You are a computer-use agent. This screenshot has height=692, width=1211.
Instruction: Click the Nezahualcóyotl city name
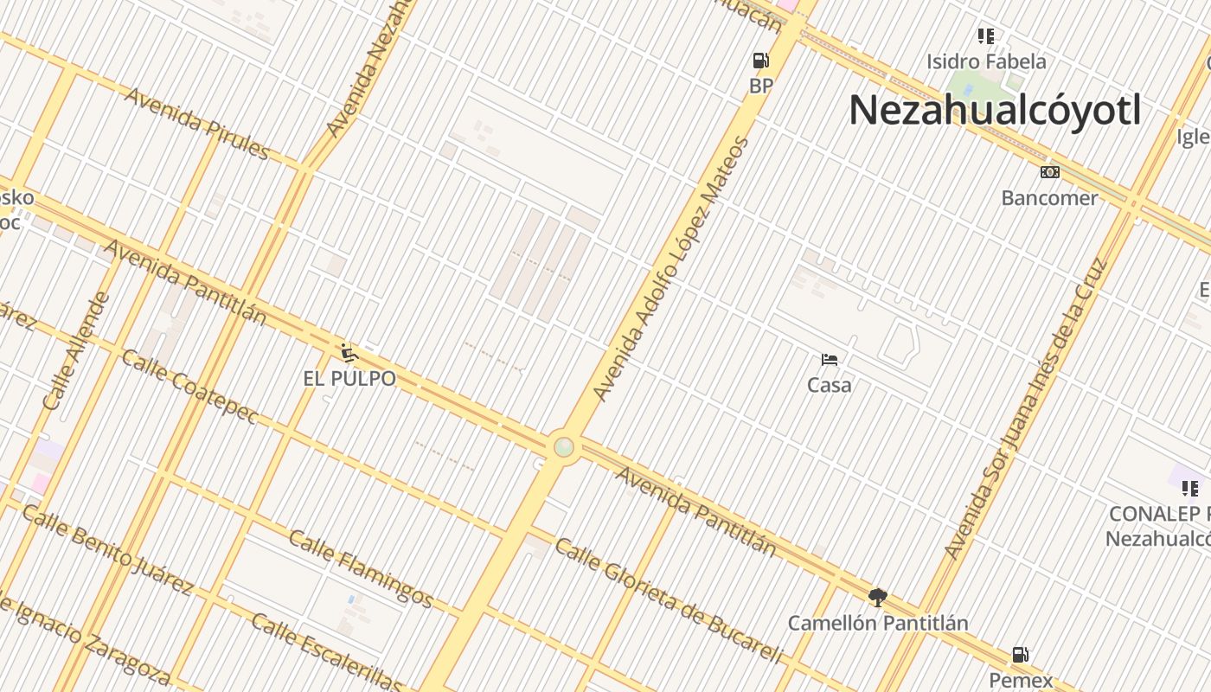[x=995, y=111]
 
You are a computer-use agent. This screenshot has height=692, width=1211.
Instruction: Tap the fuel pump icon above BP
[x=760, y=61]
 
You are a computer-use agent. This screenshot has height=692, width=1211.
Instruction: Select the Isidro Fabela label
[x=986, y=61]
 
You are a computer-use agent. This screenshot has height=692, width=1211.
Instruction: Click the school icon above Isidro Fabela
[x=986, y=36]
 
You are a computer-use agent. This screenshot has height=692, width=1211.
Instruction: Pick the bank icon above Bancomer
[x=1049, y=172]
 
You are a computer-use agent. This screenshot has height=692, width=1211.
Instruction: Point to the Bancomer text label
[x=1049, y=198]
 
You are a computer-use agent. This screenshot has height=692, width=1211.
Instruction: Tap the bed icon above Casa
[x=830, y=360]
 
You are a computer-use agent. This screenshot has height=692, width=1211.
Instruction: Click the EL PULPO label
[x=349, y=379]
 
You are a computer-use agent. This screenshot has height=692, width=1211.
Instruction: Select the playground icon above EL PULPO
[x=349, y=353]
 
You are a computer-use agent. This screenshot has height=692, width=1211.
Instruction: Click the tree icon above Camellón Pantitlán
[x=878, y=597]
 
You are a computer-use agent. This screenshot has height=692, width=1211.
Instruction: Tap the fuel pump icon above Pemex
[x=1021, y=655]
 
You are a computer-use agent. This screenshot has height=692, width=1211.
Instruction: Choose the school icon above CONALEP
[x=1190, y=489]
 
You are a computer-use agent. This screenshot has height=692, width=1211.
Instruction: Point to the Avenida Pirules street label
[x=198, y=123]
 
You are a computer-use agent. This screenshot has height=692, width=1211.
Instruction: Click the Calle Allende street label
[x=77, y=351]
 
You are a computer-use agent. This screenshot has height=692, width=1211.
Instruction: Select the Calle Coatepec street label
[x=189, y=387]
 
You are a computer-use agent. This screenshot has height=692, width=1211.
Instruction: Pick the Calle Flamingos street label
[x=361, y=568]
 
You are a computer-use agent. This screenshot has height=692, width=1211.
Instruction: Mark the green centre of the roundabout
[x=564, y=447]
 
